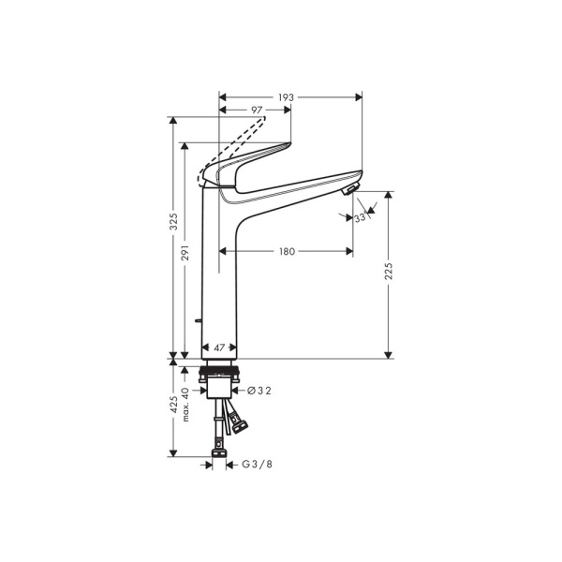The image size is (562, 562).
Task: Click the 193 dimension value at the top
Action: pyautogui.click(x=287, y=97)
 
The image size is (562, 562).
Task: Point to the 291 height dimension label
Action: pyautogui.click(x=186, y=253)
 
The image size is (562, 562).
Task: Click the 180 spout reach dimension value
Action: pyautogui.click(x=287, y=251)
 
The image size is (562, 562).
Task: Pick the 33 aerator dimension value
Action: pyautogui.click(x=361, y=217)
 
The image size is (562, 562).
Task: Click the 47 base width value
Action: pyautogui.click(x=219, y=348)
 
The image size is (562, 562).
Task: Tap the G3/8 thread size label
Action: pyautogui.click(x=258, y=464)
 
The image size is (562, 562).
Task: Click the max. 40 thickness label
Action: pyautogui.click(x=186, y=403)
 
